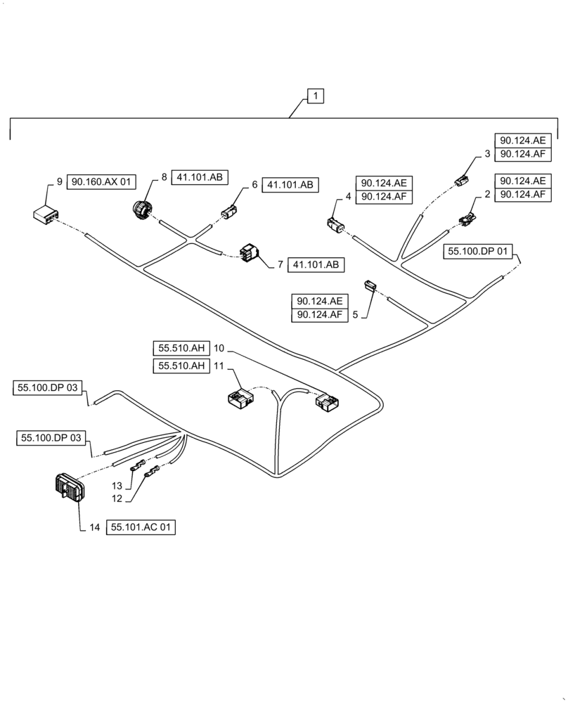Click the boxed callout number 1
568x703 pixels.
[x=316, y=96]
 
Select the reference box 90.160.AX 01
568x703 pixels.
[x=101, y=182]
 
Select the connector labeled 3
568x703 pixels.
[x=460, y=182]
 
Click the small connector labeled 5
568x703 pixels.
[x=370, y=285]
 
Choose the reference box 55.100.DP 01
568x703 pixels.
[x=479, y=250]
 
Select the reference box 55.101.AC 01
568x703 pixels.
[x=141, y=527]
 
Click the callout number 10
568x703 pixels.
[x=219, y=348]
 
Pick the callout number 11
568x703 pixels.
[x=219, y=366]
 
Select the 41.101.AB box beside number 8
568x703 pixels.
[x=200, y=178]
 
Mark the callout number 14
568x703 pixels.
[x=95, y=527]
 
